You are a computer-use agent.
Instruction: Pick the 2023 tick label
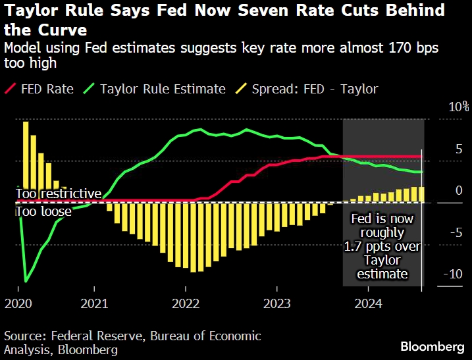(276, 305)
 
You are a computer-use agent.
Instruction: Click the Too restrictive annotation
(59, 194)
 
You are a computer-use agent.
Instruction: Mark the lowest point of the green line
(26, 282)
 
